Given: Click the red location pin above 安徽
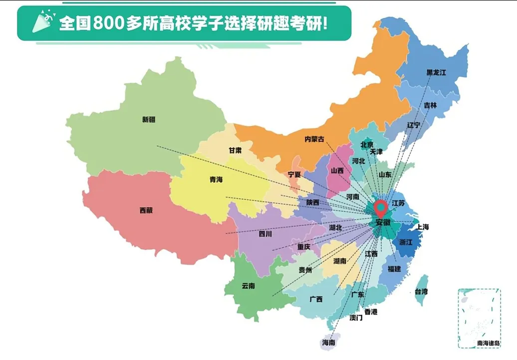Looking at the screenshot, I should [x=381, y=207].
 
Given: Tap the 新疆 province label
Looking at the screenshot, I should [x=149, y=119].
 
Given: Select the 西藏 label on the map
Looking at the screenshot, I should [x=146, y=210].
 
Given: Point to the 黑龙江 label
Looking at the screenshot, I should [x=436, y=72].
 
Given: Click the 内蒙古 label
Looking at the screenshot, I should [x=314, y=139].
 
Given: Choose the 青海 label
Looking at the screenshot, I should [x=216, y=180].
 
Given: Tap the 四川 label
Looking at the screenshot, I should [x=265, y=234].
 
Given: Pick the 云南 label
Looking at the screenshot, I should [x=248, y=286].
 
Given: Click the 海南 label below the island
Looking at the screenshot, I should [x=328, y=343].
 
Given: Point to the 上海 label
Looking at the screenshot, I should [x=422, y=227].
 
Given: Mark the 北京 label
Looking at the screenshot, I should [x=367, y=145].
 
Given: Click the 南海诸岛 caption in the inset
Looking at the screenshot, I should [x=489, y=343].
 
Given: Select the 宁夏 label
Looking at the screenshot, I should [x=294, y=174].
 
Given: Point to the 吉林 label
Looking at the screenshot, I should [x=430, y=105].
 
